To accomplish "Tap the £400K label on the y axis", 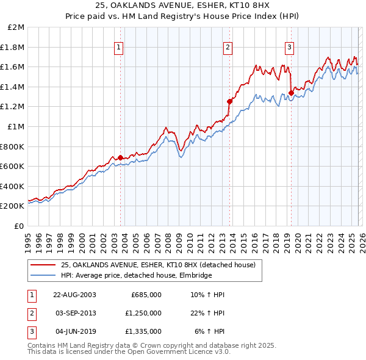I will [x=13, y=186].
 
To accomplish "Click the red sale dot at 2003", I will [x=120, y=157].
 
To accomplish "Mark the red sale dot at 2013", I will [x=229, y=101].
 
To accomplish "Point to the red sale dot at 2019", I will [x=291, y=93].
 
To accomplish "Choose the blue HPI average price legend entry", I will [x=136, y=276].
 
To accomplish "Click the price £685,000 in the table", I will [x=146, y=295].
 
